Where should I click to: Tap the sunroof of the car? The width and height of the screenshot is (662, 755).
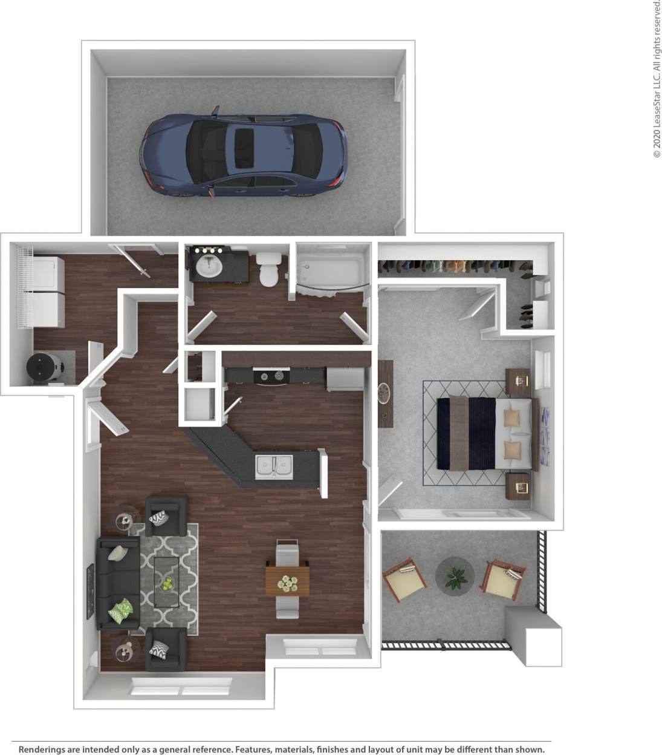[x=244, y=148]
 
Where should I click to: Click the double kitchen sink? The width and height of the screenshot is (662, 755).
[x=274, y=466]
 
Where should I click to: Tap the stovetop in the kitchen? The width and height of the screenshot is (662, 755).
[x=271, y=376]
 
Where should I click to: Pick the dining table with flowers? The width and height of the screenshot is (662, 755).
[x=288, y=581]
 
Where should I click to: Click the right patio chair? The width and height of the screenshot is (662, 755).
[x=504, y=578]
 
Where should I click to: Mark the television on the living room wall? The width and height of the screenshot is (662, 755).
[x=91, y=591]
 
